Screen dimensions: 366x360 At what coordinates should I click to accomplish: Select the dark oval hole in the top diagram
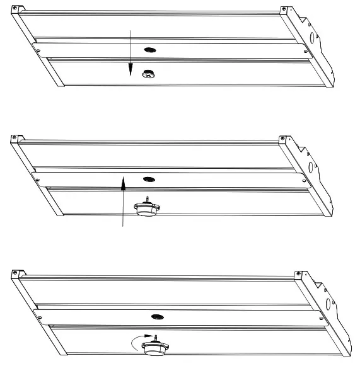click(x=149, y=49)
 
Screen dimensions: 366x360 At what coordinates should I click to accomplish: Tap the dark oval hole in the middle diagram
click(x=148, y=180)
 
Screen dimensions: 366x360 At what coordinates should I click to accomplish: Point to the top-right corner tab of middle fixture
click(x=283, y=139)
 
